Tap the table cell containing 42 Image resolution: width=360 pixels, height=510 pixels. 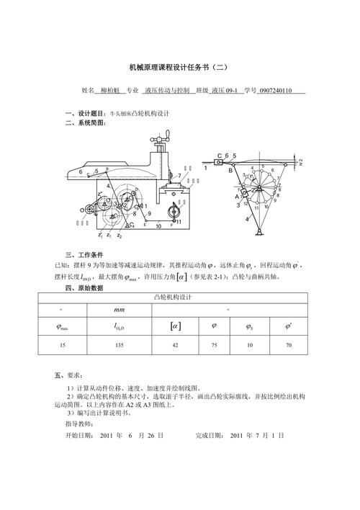(174, 346)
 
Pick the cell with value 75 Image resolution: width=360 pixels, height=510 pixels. (214, 346)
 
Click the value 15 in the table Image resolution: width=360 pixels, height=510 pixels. (62, 346)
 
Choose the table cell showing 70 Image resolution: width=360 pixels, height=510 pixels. (288, 346)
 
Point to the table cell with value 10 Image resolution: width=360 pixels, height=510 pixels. (249, 346)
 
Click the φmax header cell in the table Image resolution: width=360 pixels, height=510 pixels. (62, 327)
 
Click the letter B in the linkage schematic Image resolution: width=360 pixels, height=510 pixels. (230, 171)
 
